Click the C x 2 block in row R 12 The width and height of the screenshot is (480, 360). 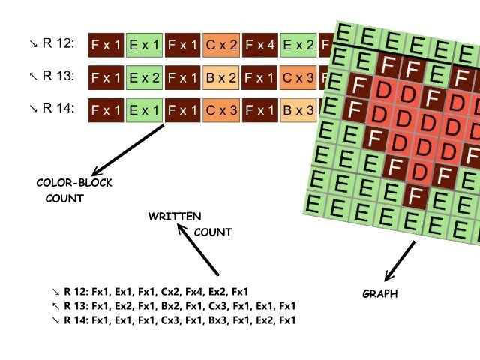pyautogui.click(x=222, y=46)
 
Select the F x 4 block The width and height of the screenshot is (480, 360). pyautogui.click(x=261, y=46)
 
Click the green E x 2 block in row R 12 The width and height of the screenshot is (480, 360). pyautogui.click(x=299, y=46)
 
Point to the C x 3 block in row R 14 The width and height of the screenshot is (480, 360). pyautogui.click(x=222, y=111)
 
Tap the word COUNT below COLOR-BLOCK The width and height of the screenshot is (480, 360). pyautogui.click(x=64, y=199)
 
